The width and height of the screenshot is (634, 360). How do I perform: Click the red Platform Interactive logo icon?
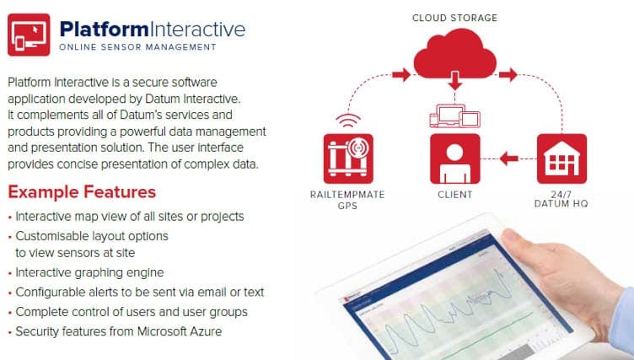click(x=29, y=35)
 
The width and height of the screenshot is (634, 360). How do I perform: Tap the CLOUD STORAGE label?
click(x=455, y=18)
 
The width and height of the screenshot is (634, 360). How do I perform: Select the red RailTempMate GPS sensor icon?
click(x=348, y=159)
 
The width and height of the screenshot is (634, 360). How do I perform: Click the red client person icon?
click(x=455, y=159)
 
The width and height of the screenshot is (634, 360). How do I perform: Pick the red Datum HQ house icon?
click(x=561, y=159)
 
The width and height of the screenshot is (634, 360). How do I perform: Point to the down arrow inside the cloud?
click(x=455, y=80)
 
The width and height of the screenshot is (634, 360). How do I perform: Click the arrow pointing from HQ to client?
click(x=508, y=159)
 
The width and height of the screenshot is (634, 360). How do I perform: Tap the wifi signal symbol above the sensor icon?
click(x=348, y=121)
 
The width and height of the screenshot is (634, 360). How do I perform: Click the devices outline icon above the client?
click(x=455, y=116)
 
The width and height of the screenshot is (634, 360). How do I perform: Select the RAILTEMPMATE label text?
click(x=347, y=195)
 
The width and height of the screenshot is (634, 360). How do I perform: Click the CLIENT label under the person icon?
click(x=455, y=195)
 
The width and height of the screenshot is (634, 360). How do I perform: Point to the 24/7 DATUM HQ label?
click(x=561, y=199)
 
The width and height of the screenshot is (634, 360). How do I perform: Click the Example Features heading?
click(x=82, y=191)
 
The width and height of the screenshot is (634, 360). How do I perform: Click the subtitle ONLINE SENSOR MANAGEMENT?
click(x=137, y=47)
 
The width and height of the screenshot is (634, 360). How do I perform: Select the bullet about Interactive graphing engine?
click(x=89, y=272)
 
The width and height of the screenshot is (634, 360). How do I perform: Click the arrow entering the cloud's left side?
click(x=401, y=74)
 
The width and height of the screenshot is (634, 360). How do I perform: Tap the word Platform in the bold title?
click(x=104, y=30)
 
